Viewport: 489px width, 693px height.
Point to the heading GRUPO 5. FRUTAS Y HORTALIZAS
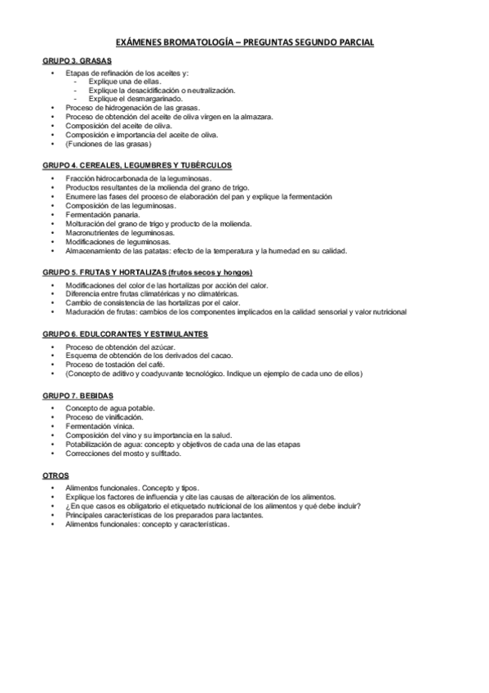click(147, 272)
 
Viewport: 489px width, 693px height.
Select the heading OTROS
click(56, 475)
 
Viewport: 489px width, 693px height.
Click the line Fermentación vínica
click(98, 427)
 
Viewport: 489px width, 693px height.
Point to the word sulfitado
click(162, 454)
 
